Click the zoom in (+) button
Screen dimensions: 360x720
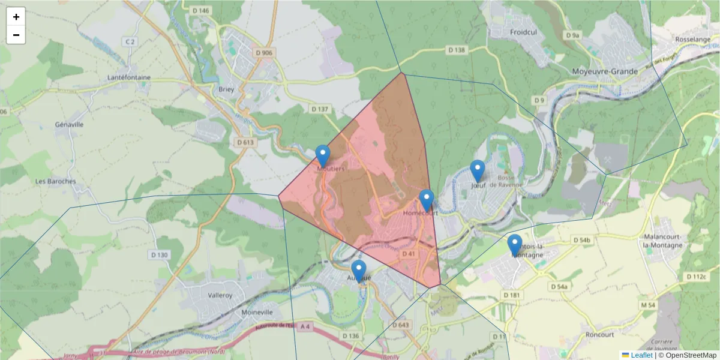point(16,17)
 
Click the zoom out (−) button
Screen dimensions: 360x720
point(16,35)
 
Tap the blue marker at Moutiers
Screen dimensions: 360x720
point(323,156)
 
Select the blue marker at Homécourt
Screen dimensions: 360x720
point(427,200)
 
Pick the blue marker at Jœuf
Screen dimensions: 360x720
point(478,171)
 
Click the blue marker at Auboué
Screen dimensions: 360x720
point(359,271)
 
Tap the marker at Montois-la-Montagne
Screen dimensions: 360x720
point(515,245)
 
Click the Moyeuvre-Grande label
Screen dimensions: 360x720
point(605,71)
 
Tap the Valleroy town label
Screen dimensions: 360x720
point(219,295)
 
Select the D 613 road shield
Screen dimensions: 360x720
point(245,142)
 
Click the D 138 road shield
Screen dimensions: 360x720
point(457,50)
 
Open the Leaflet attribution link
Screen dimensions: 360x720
point(641,355)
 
